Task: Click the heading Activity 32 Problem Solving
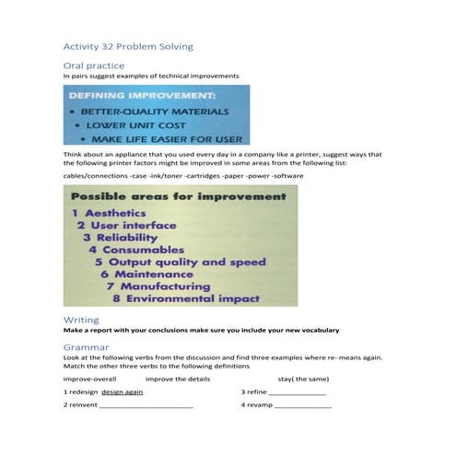pos(128,46)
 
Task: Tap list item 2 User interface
pos(126,225)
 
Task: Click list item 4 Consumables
pos(137,249)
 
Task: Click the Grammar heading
pos(87,347)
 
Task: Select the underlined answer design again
pos(123,391)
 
